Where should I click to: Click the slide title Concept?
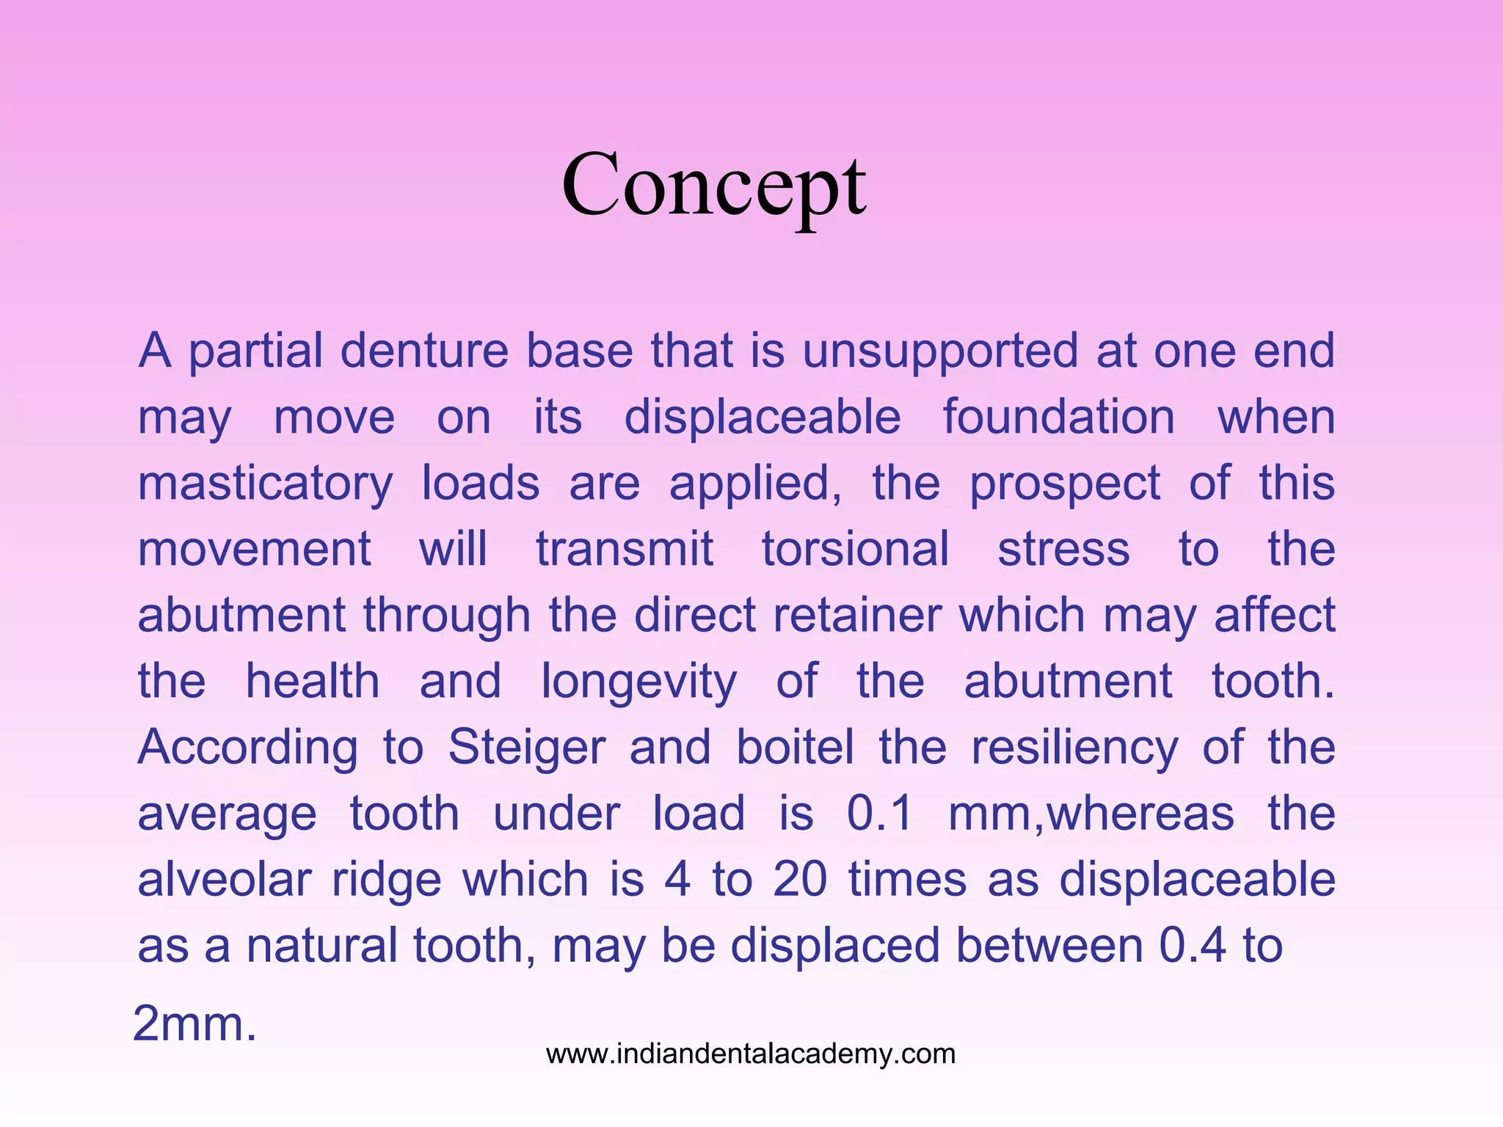(713, 185)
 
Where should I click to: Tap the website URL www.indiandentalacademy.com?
(751, 1054)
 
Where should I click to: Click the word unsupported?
(939, 351)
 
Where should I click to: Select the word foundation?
(1058, 417)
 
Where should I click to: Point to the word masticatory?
(266, 484)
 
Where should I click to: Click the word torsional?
(856, 549)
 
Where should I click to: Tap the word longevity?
(638, 682)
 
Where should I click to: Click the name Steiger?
(527, 747)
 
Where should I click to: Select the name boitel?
(796, 747)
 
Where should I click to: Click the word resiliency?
(1074, 748)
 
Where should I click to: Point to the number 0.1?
(879, 813)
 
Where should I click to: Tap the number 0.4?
(1192, 945)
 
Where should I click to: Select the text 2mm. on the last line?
(194, 1024)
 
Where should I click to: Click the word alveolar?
(225, 879)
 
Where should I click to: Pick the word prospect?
(1065, 484)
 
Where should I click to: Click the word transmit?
(625, 549)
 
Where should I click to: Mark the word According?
(247, 748)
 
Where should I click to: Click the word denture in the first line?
(424, 351)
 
